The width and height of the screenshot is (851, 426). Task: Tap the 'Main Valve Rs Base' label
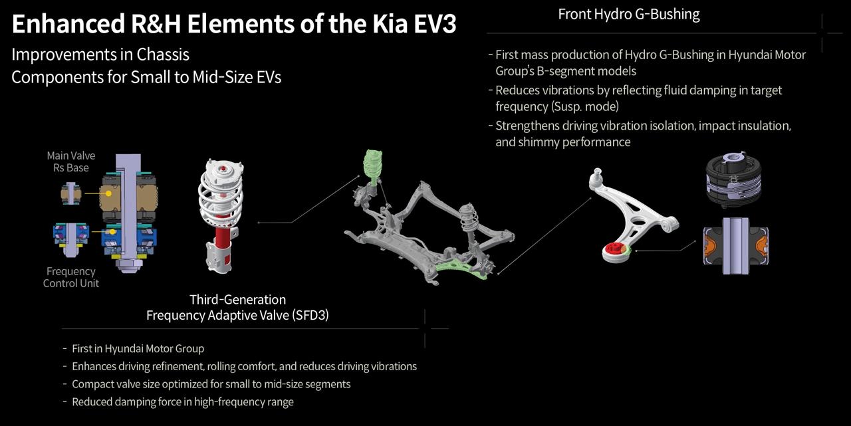[x=71, y=161]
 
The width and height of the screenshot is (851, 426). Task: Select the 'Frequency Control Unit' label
[x=70, y=277]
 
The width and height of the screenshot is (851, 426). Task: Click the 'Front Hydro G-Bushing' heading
[x=629, y=15]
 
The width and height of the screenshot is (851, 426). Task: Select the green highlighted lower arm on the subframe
[x=461, y=268]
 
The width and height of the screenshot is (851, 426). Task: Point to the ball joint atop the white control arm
[x=597, y=175]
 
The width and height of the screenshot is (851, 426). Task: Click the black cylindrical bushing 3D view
[x=733, y=179]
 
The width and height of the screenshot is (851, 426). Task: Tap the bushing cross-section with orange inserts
[x=735, y=246]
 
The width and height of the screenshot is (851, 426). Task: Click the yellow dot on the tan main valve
[x=108, y=193]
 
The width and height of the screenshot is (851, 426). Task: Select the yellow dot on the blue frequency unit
[x=112, y=231]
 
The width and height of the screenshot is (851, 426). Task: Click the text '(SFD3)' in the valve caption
[x=310, y=315]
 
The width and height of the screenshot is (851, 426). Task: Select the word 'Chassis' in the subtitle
[x=163, y=54]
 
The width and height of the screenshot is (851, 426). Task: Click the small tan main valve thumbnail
[x=71, y=194]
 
